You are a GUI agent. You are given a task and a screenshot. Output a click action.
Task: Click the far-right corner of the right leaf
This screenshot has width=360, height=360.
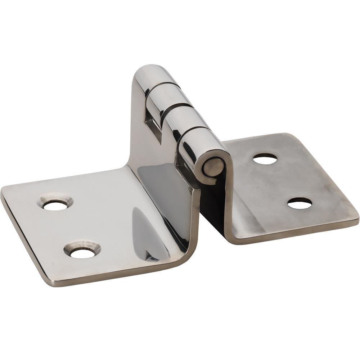(356, 218)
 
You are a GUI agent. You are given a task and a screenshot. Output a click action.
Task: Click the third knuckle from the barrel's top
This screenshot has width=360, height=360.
(184, 119)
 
